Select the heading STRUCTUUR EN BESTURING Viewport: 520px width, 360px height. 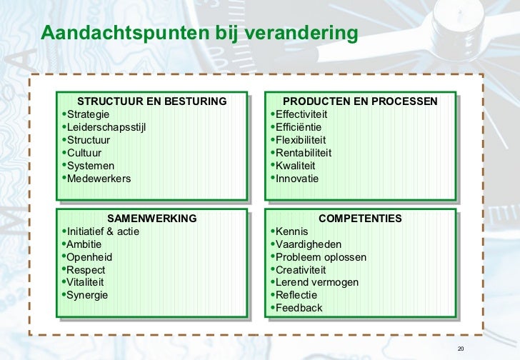coord(151,101)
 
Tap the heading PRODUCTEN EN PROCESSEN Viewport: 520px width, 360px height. coord(360,101)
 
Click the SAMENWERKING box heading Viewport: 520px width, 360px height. coord(151,219)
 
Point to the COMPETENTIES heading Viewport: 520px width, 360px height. coord(360,219)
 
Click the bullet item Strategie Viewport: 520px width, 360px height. coord(89,114)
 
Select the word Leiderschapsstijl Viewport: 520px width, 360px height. coord(106,127)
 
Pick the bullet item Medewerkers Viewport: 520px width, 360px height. coord(99,179)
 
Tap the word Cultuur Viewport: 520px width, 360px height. coord(84,153)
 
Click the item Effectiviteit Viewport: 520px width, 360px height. coord(301,114)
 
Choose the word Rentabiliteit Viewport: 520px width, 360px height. coord(304,153)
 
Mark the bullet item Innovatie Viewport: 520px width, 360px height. coord(297,179)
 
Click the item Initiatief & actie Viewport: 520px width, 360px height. coord(103,231)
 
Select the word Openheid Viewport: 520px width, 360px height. coord(89,257)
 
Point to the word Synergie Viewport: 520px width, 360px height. coord(88,296)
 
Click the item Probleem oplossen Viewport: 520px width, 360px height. coord(321,257)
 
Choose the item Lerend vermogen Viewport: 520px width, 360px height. coord(317,283)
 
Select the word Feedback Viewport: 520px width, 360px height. coord(299,309)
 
